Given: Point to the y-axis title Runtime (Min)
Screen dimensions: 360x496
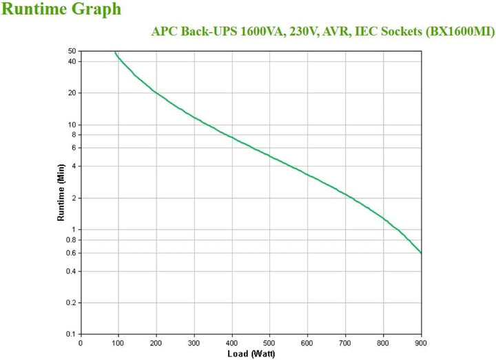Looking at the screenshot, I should [61, 191].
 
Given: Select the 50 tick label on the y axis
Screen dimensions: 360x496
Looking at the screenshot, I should [71, 52].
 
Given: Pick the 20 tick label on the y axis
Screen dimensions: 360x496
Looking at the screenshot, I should [71, 93].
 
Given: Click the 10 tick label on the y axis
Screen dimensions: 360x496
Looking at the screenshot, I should [71, 125].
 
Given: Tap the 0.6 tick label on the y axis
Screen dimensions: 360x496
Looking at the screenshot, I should [70, 253].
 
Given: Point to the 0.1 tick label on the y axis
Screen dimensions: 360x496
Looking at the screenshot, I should [70, 335].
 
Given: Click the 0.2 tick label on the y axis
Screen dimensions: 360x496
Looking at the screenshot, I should [70, 303].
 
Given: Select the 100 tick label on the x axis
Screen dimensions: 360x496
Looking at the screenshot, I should [118, 342].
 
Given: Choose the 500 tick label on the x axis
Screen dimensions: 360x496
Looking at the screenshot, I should [270, 342].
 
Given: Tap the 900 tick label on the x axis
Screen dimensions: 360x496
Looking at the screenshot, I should [421, 342].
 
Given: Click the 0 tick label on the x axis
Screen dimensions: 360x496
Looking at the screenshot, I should [81, 342].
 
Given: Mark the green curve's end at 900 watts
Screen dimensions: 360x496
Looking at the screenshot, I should [421, 253].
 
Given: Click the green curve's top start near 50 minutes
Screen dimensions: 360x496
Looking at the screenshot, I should [115, 52].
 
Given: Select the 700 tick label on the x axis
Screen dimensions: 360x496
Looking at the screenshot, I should [346, 342].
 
